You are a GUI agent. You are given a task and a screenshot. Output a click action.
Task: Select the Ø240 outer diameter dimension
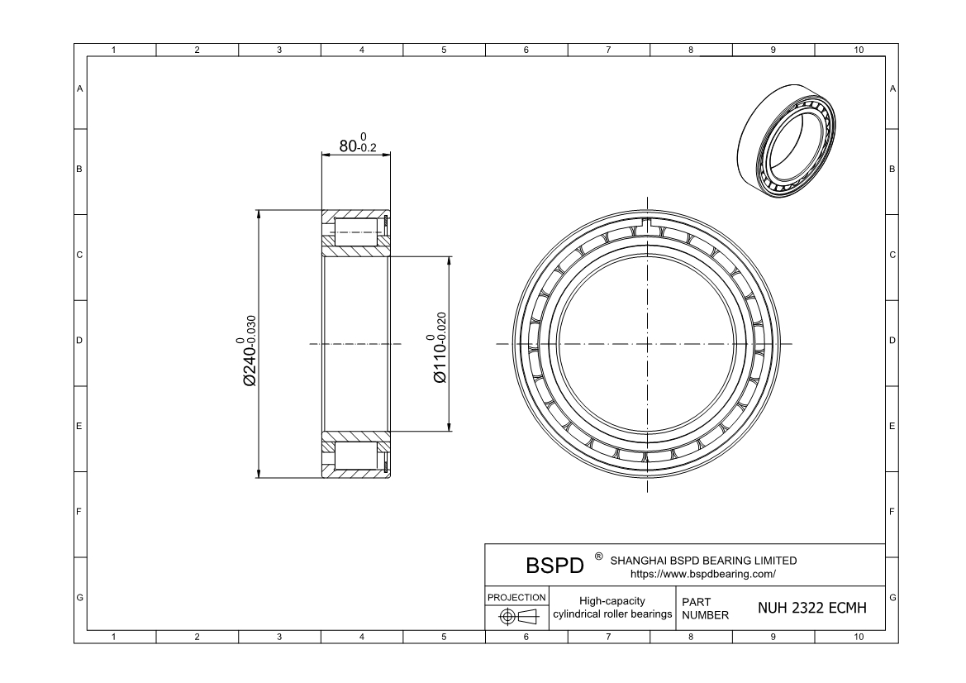[x=249, y=351]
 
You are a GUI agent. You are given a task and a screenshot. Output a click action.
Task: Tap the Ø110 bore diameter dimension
[x=439, y=347]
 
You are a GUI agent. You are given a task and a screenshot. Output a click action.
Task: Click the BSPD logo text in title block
[x=554, y=566]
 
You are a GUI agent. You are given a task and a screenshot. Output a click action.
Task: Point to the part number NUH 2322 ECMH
[x=811, y=609]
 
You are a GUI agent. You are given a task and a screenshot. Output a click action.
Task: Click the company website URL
[x=702, y=573]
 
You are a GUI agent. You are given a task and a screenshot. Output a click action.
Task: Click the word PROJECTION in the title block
[x=516, y=597]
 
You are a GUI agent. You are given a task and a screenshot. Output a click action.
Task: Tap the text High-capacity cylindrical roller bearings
[x=611, y=608]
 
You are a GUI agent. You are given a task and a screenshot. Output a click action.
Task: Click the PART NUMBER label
[x=705, y=609]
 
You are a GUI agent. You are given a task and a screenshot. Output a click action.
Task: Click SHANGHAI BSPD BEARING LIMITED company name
[x=703, y=560]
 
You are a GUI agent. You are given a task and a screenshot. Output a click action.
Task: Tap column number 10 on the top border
[x=858, y=50]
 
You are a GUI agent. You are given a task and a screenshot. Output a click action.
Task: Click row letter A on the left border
[x=79, y=88]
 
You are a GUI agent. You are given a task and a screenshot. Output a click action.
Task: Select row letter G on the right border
[x=893, y=597]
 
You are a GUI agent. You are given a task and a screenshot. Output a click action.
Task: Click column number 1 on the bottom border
[x=114, y=637]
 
